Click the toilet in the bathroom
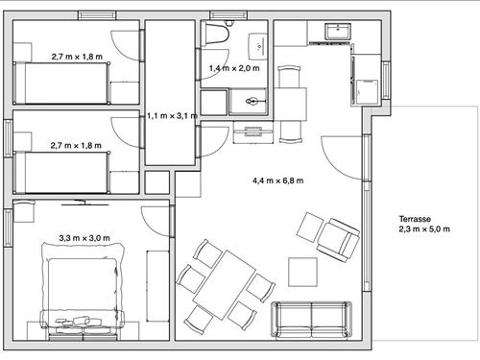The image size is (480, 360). tap(217, 33)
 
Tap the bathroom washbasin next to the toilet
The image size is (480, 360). tap(258, 46)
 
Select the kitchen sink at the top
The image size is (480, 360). tap(338, 32)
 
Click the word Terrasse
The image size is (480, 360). tap(415, 219)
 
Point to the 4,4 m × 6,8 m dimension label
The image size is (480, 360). tap(277, 180)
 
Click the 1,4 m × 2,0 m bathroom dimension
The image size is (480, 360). tap(234, 68)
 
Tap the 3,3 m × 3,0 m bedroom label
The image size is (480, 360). tap(84, 238)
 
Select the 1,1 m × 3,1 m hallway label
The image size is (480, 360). tap(172, 116)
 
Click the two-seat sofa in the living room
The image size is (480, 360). tap(311, 320)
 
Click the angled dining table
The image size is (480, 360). tap(224, 285)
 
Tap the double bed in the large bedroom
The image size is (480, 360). tap(83, 290)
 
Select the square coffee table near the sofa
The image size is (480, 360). tap(302, 272)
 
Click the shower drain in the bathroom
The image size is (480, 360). tap(252, 102)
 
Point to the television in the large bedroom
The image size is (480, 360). tap(84, 203)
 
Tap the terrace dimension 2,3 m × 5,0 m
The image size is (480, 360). tap(424, 229)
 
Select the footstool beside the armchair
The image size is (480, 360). tap(310, 228)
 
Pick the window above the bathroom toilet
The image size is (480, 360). tap(228, 15)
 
